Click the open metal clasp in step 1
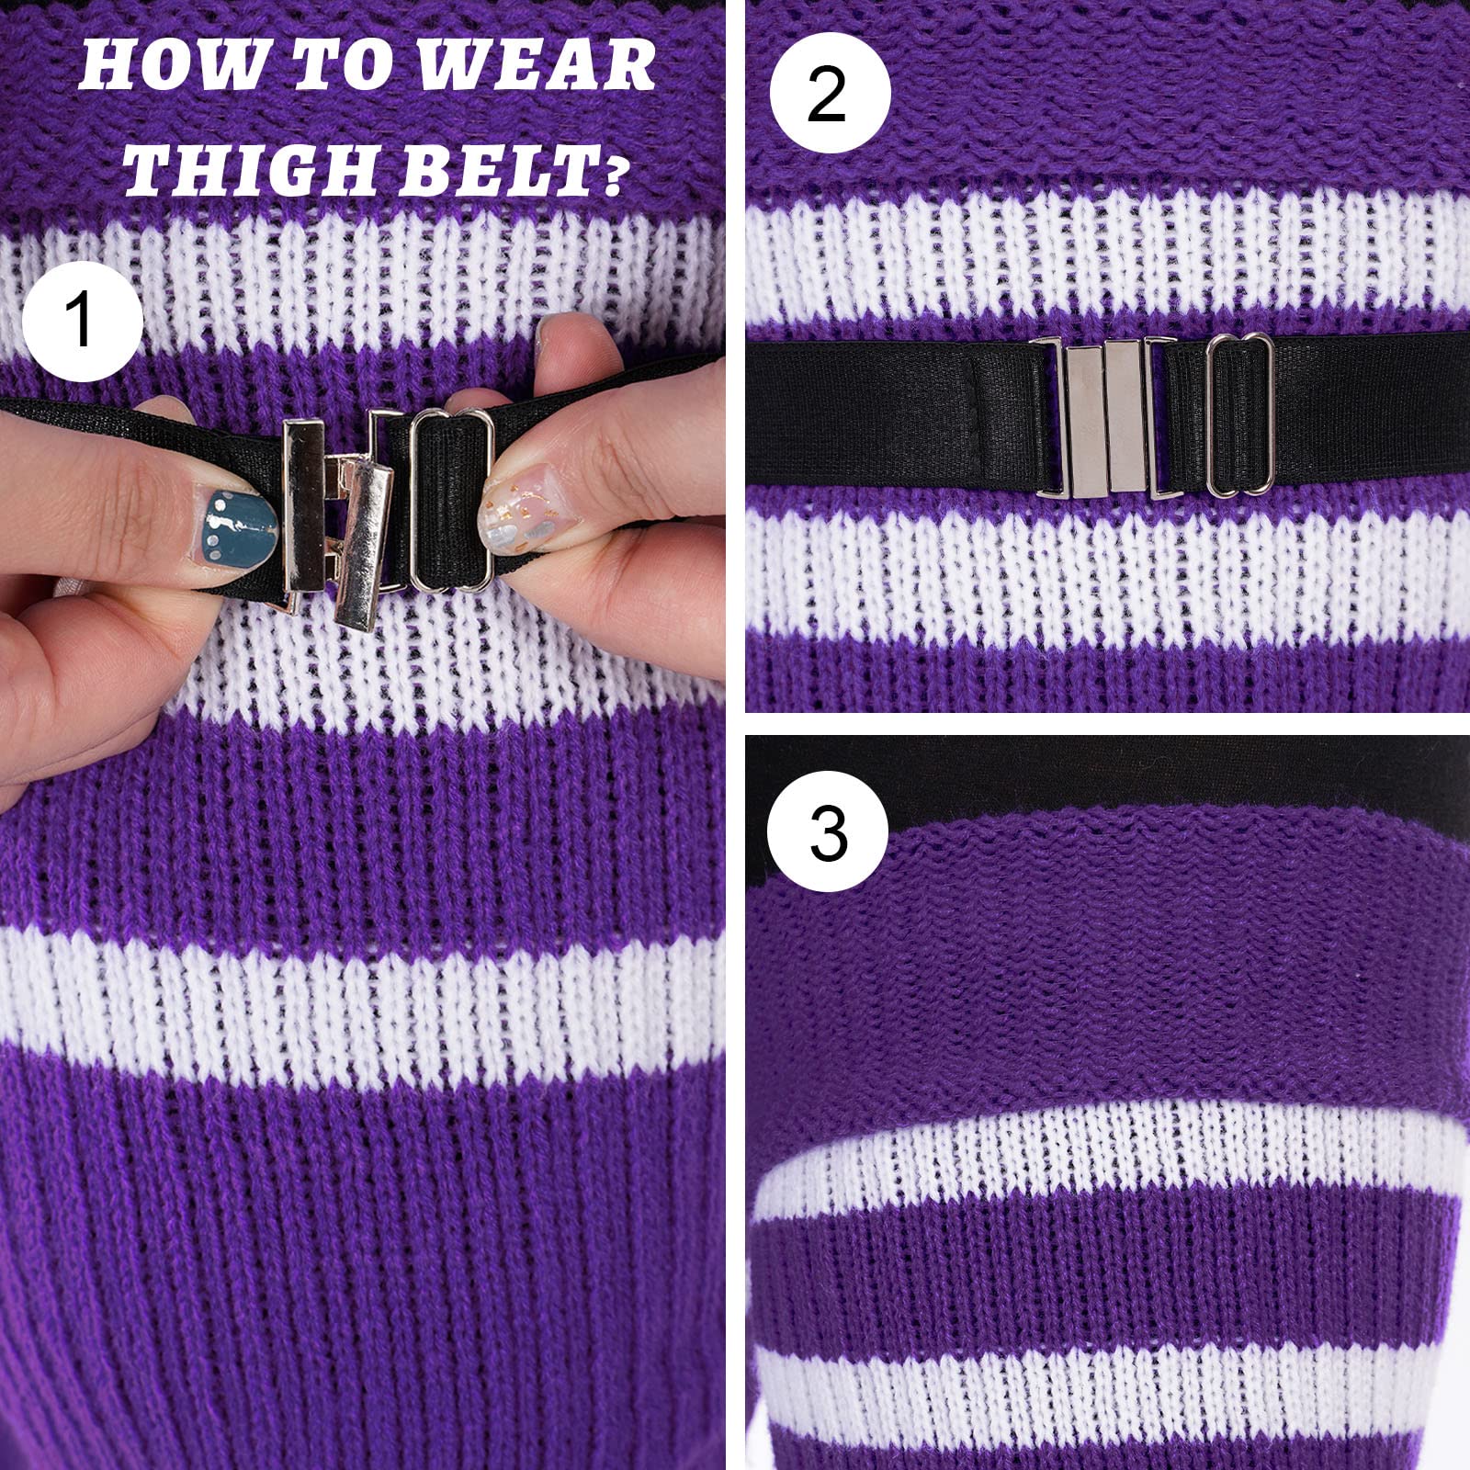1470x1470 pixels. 340,514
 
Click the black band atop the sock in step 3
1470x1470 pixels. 1102,772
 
